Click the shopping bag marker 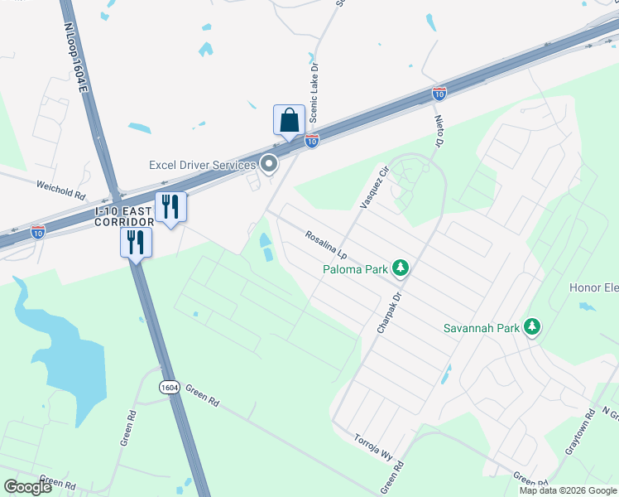[289, 119]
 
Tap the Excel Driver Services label [203, 165]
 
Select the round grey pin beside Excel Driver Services [268, 164]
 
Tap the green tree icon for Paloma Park [401, 267]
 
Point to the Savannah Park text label [481, 328]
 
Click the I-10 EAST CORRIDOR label [123, 218]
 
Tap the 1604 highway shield [169, 387]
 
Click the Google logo [28, 487]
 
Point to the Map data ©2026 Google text [567, 490]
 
